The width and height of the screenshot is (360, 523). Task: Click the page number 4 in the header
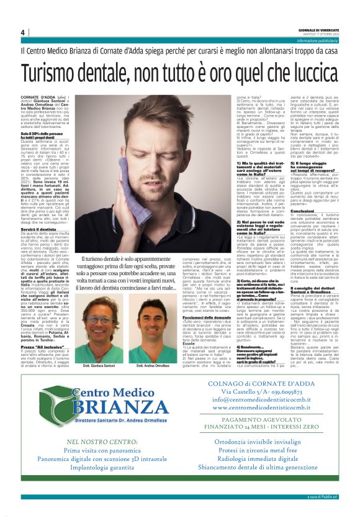coord(23,32)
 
